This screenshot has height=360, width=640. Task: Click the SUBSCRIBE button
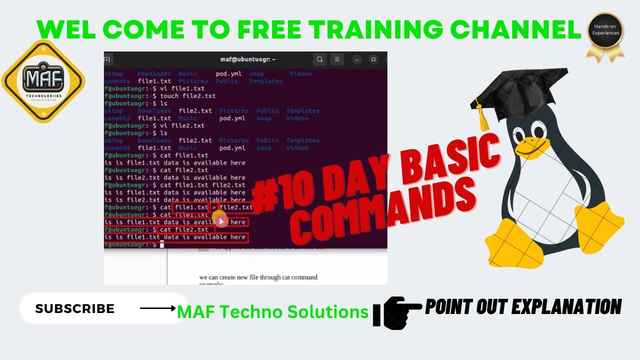pos(75,308)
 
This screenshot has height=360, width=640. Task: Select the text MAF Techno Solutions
pos(272,312)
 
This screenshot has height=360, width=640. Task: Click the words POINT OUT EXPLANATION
pos(523,306)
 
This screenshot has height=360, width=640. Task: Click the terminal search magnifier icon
pos(320,59)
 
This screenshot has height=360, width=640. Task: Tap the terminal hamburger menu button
pos(337,59)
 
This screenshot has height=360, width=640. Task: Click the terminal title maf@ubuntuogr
pos(248,59)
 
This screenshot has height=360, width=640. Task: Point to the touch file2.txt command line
pos(187,96)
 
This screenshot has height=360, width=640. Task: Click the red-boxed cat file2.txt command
pos(186,229)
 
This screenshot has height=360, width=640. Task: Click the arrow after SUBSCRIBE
pos(157,308)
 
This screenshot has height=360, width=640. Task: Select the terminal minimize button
pos(356,59)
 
